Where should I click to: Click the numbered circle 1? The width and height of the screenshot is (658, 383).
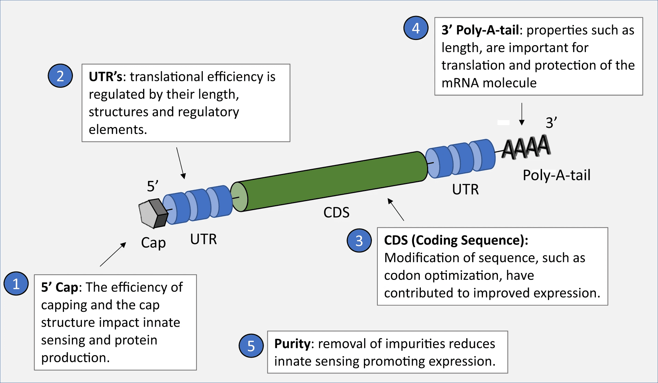click(x=16, y=284)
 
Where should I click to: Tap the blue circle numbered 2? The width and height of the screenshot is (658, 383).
click(x=60, y=76)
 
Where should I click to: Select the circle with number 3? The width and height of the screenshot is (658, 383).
click(x=359, y=240)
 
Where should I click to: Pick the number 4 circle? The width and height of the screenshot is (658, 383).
click(x=416, y=28)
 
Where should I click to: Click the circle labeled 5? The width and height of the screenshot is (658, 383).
click(x=251, y=346)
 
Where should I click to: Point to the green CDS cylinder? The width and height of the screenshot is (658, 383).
click(x=330, y=181)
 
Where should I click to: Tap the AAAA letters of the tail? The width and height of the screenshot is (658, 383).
click(x=526, y=147)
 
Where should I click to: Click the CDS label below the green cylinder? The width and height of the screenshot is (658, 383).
click(x=336, y=213)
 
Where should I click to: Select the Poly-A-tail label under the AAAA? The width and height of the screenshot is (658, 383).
click(x=556, y=175)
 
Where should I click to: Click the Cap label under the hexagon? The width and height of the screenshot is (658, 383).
click(x=153, y=243)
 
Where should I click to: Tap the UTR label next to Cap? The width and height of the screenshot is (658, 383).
click(x=203, y=239)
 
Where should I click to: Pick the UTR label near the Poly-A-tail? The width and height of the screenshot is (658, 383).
click(x=465, y=190)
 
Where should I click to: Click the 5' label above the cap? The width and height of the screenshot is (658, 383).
click(x=152, y=186)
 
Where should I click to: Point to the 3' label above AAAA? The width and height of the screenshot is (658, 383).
click(x=551, y=123)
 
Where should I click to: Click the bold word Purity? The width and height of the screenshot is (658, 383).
click(x=292, y=344)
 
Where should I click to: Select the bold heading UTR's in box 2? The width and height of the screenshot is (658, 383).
click(x=105, y=77)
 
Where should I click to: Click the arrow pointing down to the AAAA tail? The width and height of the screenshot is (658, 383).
click(x=522, y=114)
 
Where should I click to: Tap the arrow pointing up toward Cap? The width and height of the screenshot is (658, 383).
click(x=113, y=254)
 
